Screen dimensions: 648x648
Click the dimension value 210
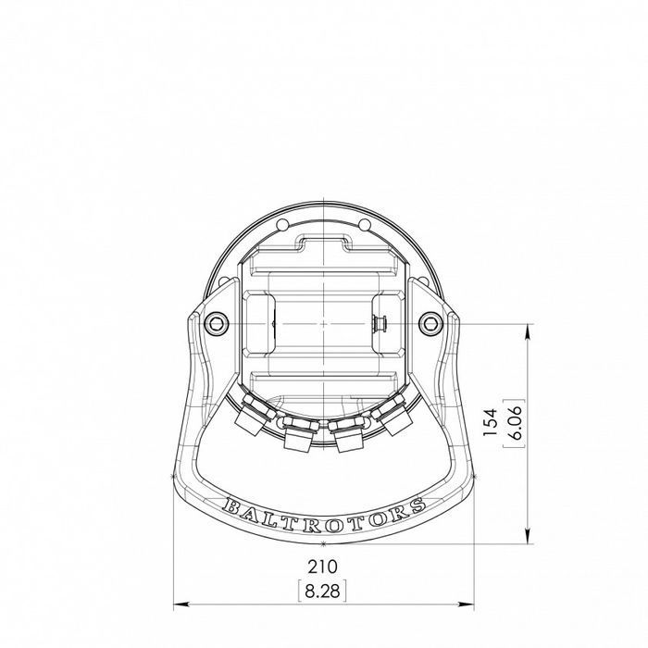click(322, 565)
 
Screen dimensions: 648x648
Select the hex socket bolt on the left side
click(217, 322)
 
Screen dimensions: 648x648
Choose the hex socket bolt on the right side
click(430, 322)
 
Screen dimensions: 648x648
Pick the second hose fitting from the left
click(296, 436)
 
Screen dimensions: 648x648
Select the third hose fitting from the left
click(348, 436)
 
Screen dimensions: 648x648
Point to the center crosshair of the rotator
click(323, 324)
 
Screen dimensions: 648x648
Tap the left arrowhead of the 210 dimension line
click(178, 605)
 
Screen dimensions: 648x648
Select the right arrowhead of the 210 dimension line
click(468, 605)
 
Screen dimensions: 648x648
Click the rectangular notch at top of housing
click(323, 243)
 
